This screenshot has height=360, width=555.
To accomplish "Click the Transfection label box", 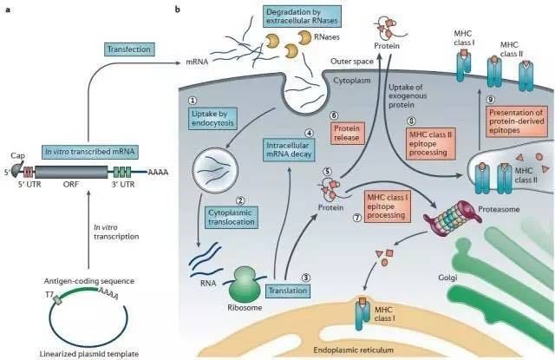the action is [129, 49].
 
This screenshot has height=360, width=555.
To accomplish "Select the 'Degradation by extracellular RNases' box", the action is [303, 16].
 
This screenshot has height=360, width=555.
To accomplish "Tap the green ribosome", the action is [243, 284].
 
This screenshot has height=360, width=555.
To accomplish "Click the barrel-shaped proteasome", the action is [453, 219].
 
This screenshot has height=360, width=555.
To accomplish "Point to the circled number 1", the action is [193, 101].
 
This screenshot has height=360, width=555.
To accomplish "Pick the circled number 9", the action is [490, 100].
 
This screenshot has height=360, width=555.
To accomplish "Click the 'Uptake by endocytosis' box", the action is [212, 119].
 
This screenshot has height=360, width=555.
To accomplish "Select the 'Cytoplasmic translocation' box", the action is [232, 218].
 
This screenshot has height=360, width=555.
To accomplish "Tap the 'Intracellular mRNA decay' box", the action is [289, 150].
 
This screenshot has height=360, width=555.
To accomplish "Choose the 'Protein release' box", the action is [347, 133].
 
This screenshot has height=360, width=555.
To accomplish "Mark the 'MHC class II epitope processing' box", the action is [430, 144].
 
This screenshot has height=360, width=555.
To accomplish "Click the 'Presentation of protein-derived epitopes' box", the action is [517, 121].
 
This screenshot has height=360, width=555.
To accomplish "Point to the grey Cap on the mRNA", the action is [17, 170].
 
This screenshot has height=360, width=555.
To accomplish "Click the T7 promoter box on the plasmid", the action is [57, 300].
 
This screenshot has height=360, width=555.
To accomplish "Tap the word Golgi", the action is [447, 278].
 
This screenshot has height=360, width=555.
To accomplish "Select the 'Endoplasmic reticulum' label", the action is [354, 350].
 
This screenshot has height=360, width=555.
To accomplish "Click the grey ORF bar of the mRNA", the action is [71, 172].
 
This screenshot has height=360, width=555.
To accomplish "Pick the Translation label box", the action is [288, 291].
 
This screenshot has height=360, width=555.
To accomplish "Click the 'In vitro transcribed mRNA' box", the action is [90, 152].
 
